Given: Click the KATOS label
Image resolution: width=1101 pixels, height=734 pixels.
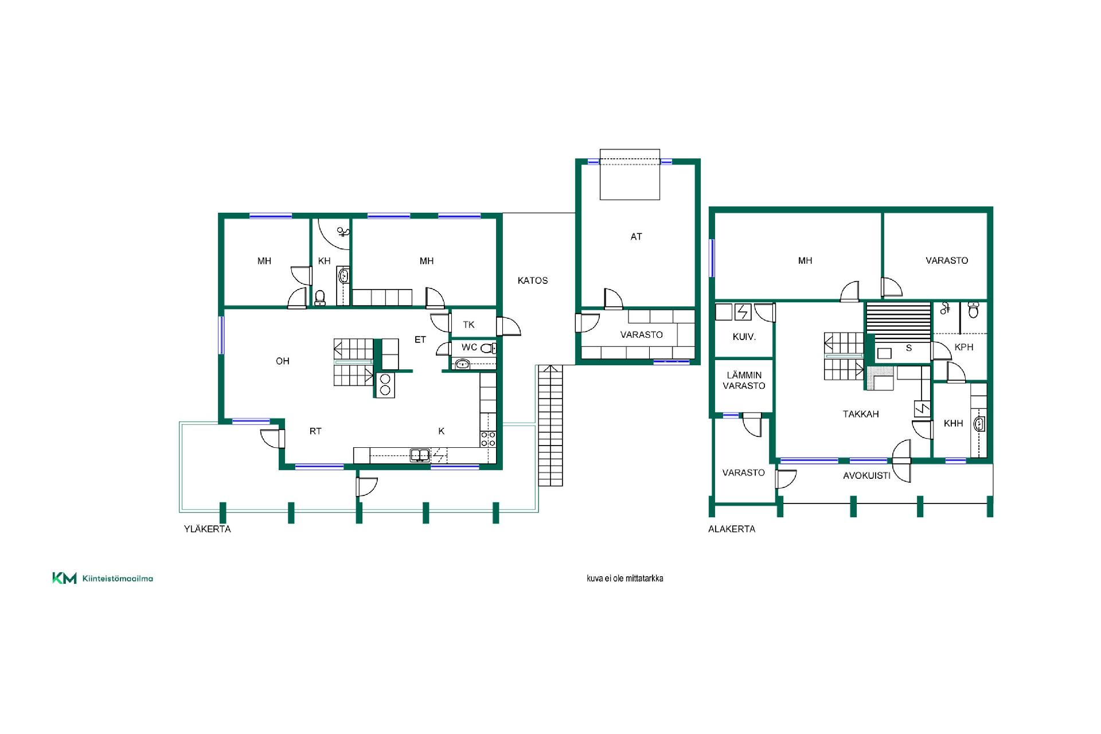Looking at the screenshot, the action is click(533, 280).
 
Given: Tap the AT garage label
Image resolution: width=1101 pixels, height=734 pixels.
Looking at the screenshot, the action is click(636, 236).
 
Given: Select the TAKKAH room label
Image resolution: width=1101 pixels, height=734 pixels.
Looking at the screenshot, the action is click(861, 414).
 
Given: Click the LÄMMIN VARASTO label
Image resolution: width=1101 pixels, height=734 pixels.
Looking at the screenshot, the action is click(744, 381).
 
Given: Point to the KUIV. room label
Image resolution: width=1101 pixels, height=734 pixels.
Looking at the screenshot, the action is click(744, 337).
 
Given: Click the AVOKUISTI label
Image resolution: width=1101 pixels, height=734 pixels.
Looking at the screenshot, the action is click(866, 475).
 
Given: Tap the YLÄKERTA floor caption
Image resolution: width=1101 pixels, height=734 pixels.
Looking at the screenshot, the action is click(207, 529).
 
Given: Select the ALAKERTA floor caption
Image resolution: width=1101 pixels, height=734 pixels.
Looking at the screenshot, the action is click(732, 529).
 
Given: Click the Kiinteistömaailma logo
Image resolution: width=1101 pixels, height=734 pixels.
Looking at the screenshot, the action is click(103, 578).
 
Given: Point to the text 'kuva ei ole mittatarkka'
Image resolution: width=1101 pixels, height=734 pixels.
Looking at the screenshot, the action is click(624, 578).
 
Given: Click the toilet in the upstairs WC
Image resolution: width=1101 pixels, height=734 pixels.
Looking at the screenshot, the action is click(487, 348).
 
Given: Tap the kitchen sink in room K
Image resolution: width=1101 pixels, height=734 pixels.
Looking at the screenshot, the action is click(420, 456).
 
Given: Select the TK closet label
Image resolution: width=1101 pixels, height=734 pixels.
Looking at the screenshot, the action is click(468, 325).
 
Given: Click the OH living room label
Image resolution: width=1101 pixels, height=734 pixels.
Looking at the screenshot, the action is click(282, 361).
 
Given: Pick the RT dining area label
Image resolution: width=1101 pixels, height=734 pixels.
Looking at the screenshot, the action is click(315, 431).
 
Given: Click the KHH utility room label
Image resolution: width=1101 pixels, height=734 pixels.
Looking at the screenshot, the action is click(953, 423).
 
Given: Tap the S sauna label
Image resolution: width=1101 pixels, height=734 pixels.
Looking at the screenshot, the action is click(909, 348).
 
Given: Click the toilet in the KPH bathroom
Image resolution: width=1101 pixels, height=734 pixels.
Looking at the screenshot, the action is click(973, 310).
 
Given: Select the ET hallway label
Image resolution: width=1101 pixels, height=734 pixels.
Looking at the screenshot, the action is click(420, 339).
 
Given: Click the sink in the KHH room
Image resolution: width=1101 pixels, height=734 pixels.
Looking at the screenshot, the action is click(979, 424).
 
